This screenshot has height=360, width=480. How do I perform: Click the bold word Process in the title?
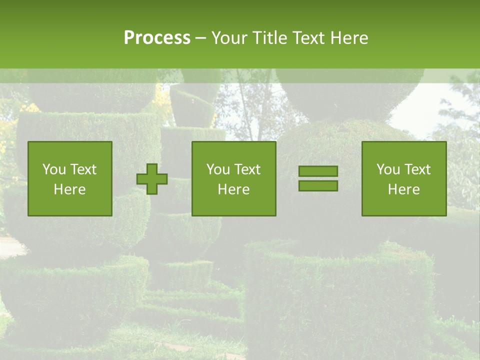157,38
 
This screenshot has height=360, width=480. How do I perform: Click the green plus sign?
152,179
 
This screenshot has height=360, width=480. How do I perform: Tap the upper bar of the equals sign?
318,171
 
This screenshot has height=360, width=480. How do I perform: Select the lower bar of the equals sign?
318,186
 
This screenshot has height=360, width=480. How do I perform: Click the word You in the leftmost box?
54,169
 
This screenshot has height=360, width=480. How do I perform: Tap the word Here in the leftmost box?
70,189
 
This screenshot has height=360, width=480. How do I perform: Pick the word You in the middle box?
218,169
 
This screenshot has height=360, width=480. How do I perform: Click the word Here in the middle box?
234,189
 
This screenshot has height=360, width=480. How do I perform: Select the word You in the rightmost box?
388,169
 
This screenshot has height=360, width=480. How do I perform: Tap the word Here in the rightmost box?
404,189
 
